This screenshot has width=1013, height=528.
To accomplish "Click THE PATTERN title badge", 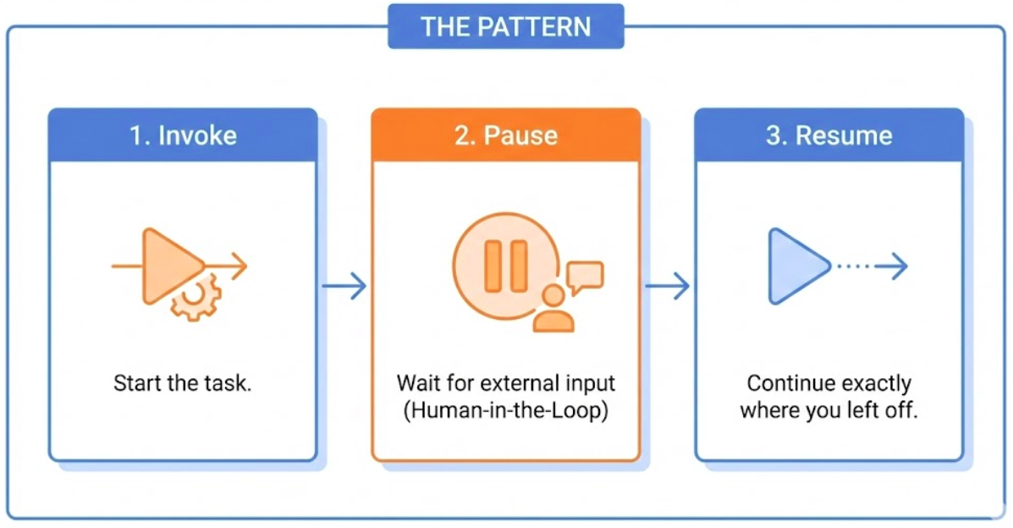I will (x=505, y=26).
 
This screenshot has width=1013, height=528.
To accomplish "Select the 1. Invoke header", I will (x=183, y=135).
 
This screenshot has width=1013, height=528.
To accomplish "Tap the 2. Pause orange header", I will (x=506, y=135).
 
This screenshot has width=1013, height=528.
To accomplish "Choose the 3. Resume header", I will (x=829, y=135).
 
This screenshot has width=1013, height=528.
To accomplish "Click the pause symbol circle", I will (x=505, y=265).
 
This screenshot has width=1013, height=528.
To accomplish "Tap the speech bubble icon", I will (x=585, y=277).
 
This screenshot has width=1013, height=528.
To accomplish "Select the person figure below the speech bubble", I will (x=554, y=310).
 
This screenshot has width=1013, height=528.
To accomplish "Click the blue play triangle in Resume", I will (x=796, y=266).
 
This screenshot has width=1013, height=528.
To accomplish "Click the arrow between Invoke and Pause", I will (x=344, y=286).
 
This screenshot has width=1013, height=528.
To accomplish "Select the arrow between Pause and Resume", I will (x=668, y=286).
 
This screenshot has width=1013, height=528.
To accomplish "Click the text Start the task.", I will (x=183, y=383).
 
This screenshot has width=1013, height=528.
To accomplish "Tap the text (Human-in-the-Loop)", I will (x=506, y=411).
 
